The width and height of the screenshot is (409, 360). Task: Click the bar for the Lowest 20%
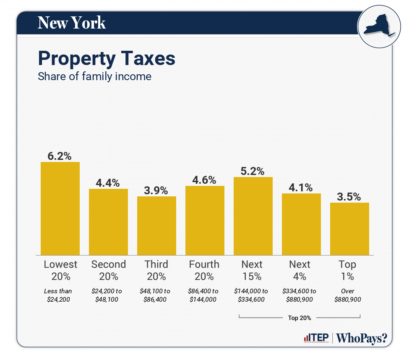coord(60,208)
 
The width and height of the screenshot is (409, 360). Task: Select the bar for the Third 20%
coord(156,225)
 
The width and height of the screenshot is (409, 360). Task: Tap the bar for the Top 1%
coord(349,229)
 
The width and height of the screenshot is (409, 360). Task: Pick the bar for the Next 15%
coord(253,216)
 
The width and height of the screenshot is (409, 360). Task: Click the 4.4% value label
coord(108,183)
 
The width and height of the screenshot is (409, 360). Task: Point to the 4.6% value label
coord(204,180)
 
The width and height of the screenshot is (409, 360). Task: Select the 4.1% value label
coord(301,188)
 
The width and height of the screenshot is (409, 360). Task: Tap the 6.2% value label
coord(60,156)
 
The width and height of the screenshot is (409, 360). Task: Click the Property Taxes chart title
coord(107,59)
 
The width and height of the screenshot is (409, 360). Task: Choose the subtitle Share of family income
coord(94,77)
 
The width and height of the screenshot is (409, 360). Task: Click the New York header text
coord(72,23)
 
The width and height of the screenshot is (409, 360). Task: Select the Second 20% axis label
coord(108,270)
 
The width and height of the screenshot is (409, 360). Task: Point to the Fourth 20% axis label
coord(204,270)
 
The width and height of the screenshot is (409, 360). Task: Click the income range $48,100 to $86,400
coord(156,295)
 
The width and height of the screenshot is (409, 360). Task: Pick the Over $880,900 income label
coord(348,295)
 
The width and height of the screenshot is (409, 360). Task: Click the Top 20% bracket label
coord(300,318)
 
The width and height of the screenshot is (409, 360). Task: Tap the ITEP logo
coord(316,338)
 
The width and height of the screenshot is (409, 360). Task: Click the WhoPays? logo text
coord(362,338)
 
